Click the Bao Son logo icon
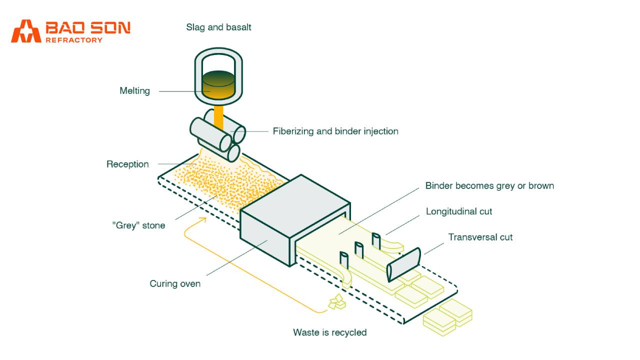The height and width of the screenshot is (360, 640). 26,31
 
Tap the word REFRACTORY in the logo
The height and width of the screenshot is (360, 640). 74,40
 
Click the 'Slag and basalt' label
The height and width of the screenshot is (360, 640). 218,27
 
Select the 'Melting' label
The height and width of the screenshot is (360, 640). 134,91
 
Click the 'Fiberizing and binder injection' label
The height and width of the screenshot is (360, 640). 335,131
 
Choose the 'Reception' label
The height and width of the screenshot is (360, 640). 127,164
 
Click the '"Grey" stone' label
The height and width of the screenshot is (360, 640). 138,225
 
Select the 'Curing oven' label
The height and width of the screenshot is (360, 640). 175,284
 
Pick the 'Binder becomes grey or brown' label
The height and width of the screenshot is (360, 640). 489,186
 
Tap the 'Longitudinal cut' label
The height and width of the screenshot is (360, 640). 459,211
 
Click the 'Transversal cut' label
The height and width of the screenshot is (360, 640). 480,237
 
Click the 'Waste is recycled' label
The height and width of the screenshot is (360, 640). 329,332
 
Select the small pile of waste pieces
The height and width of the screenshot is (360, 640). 337,302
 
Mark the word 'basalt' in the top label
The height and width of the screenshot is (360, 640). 238,27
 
